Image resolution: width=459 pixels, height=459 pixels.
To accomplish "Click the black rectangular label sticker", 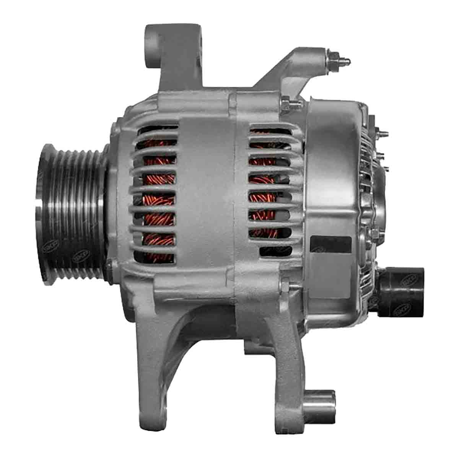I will [x=330, y=243].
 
